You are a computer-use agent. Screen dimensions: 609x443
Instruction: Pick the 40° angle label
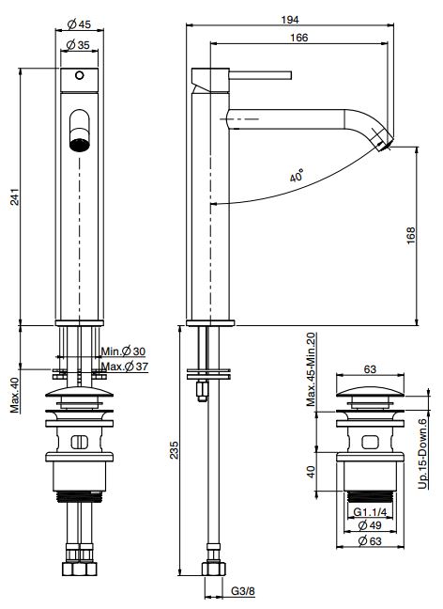click(x=297, y=176)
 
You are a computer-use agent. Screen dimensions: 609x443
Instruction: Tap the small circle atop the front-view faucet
click(x=79, y=76)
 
